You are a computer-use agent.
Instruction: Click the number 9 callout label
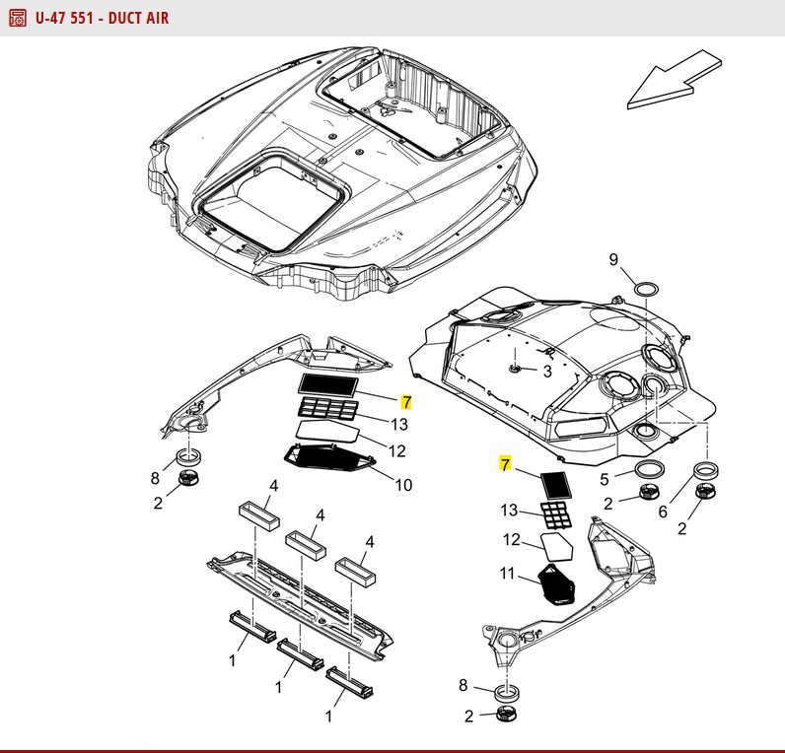[613, 260]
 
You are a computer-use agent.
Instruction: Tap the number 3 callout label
[548, 372]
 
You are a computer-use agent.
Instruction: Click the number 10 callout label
[404, 484]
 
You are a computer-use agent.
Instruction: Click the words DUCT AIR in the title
[132, 18]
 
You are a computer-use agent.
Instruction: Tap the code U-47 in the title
[53, 18]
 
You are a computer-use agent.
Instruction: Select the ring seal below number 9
[647, 288]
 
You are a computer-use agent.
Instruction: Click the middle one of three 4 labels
[320, 514]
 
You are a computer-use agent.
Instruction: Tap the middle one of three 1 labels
[279, 685]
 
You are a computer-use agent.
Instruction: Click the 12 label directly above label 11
[512, 539]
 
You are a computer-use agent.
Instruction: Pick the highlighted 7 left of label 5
[506, 464]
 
